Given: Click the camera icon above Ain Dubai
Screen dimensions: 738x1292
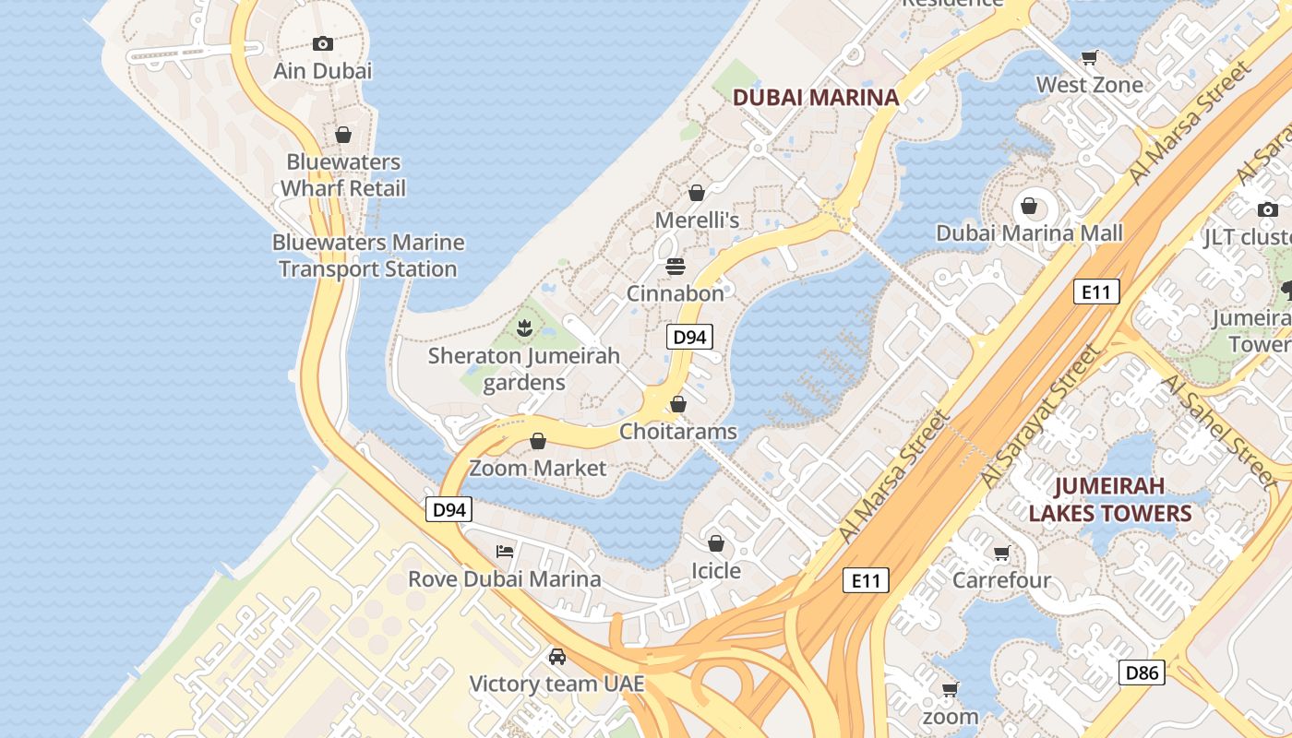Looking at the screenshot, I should point(322,43).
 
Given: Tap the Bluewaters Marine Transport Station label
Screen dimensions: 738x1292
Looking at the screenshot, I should point(368,256).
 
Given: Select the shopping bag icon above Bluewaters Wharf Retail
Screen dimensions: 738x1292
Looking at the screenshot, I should point(343,135).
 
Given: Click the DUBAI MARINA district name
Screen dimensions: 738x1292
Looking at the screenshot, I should point(815,97).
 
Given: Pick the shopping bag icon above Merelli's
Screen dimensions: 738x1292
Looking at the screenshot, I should point(697,193).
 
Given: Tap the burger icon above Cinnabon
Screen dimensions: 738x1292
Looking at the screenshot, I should point(676,267).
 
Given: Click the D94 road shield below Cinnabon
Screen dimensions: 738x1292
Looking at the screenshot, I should point(689,337).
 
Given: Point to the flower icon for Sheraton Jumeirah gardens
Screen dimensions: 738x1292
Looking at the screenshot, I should point(524,327).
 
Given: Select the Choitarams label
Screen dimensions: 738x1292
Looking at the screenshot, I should point(678,431).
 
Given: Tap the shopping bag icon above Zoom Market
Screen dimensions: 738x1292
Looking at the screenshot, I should point(538,441).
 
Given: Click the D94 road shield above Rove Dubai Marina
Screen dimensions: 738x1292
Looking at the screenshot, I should point(449,509).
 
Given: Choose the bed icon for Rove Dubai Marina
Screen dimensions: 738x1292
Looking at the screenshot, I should point(505,552).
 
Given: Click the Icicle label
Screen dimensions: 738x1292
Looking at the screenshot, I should point(716,571).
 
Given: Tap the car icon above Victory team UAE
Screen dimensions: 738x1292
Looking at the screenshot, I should point(556,657).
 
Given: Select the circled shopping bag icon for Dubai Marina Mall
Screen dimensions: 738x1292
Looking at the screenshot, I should point(1029,205).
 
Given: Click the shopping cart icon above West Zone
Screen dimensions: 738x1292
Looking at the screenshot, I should point(1089,58).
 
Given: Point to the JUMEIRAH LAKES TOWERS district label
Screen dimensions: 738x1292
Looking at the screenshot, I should point(1110,499).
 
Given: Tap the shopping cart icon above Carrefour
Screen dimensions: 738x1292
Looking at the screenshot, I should point(1001,553).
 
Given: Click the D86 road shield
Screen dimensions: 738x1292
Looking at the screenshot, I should point(1142,673).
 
